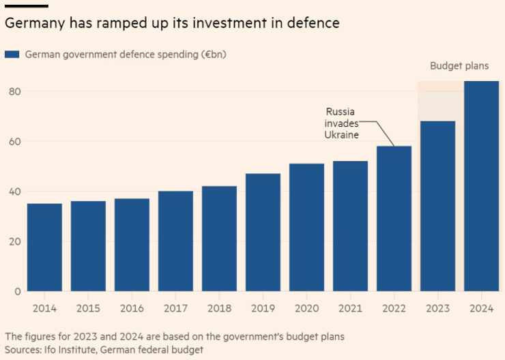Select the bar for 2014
coord(44,247)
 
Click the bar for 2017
coord(175,241)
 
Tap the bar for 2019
coord(263,232)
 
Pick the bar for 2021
coord(350,226)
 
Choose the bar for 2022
coord(394,219)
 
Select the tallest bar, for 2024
coord(481,186)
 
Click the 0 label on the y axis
coord(16,292)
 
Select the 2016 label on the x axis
coord(132,308)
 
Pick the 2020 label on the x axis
coord(306,308)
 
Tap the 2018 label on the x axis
coord(219,308)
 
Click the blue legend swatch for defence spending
coord(12,55)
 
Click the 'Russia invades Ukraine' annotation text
coord(341,123)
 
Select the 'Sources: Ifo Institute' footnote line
coord(104,349)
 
